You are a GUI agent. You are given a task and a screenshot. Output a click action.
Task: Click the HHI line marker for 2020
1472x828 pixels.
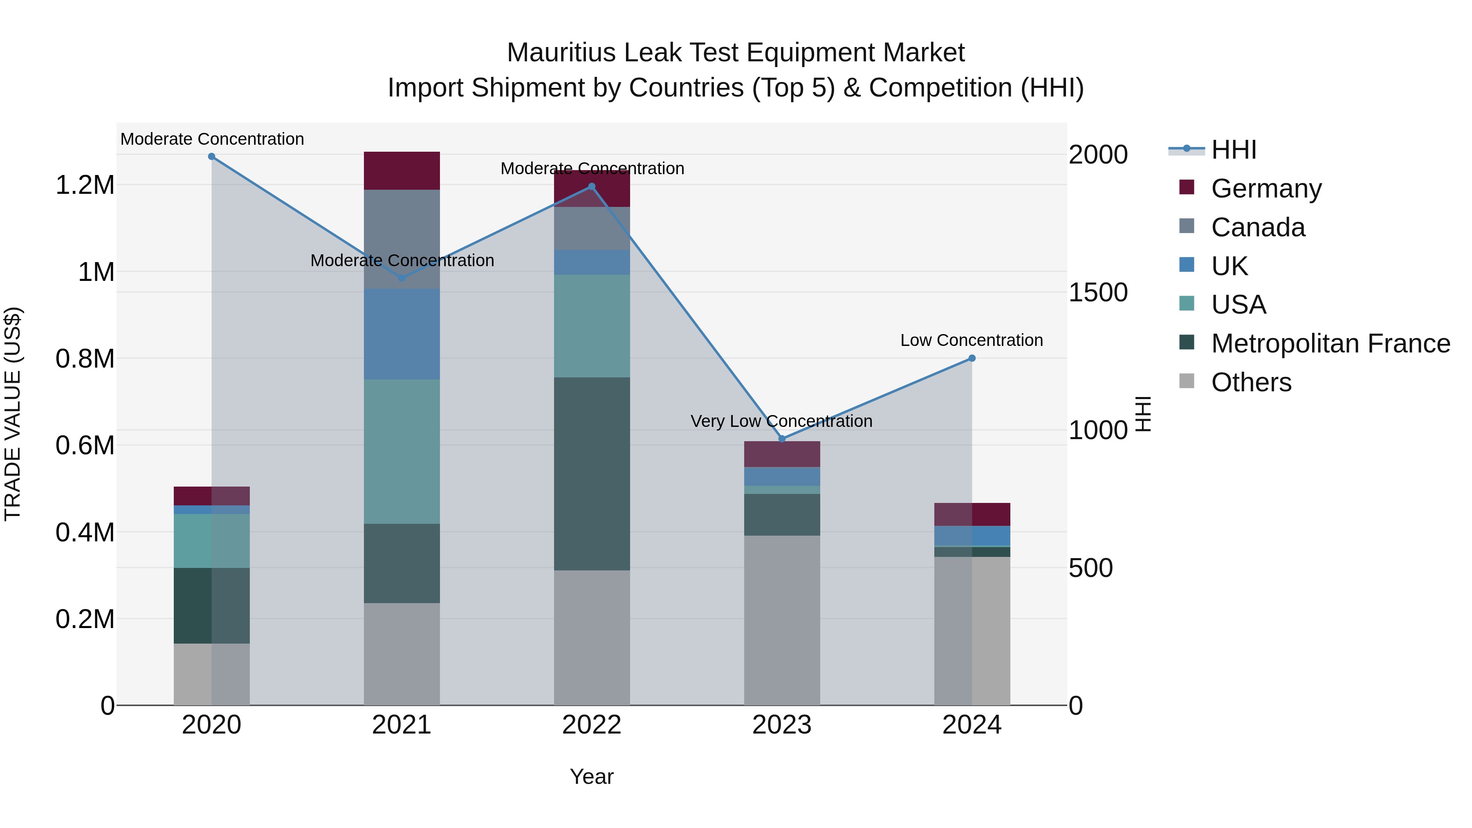(x=211, y=157)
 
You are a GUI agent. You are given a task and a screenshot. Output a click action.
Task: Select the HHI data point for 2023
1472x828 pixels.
(x=782, y=439)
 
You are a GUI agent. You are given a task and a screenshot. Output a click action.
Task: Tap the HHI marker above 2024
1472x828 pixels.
(x=972, y=358)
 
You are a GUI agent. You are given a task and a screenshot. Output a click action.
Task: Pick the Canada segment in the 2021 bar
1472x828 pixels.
(x=402, y=239)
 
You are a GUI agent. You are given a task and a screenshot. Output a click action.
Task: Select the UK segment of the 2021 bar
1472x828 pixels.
(x=402, y=334)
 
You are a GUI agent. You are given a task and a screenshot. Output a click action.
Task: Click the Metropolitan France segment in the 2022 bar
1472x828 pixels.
(x=592, y=474)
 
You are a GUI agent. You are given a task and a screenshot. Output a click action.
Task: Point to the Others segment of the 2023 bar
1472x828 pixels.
(x=782, y=620)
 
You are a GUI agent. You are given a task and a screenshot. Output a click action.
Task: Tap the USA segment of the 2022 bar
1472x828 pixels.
(x=592, y=326)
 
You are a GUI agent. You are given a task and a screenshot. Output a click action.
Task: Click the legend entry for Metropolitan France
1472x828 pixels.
(x=1330, y=343)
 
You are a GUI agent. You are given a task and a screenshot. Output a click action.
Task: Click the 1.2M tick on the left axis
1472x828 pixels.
(x=85, y=185)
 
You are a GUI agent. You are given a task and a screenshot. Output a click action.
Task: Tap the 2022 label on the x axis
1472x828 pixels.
(x=592, y=725)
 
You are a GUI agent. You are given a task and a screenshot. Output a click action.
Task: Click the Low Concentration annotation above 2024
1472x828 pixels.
(x=972, y=340)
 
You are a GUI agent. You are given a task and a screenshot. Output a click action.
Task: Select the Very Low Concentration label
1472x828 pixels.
(x=781, y=421)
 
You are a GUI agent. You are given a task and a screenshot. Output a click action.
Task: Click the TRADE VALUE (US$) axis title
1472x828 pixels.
(x=13, y=414)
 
